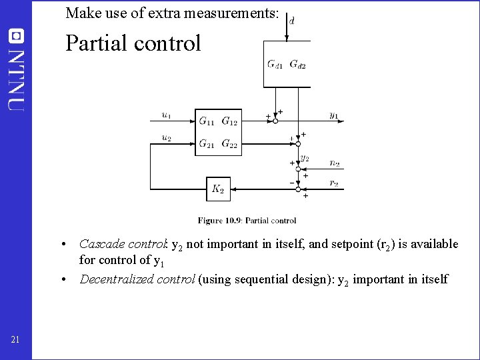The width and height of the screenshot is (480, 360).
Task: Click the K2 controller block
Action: [x=218, y=189]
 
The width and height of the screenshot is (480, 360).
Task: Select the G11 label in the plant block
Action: [x=207, y=121]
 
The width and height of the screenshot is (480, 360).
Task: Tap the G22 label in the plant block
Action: [x=229, y=143]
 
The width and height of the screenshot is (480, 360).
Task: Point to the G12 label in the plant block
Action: [x=229, y=121]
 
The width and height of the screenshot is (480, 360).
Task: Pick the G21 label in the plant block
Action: [x=207, y=143]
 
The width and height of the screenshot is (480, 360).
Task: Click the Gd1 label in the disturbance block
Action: [x=275, y=65]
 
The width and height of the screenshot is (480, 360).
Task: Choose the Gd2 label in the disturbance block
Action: [x=297, y=65]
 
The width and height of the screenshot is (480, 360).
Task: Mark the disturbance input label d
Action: [x=292, y=21]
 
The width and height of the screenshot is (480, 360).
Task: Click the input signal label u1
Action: [x=166, y=115]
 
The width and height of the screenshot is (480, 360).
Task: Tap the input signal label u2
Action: [x=166, y=137]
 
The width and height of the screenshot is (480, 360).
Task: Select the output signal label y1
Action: [x=333, y=115]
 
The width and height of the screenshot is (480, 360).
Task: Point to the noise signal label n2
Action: [x=334, y=163]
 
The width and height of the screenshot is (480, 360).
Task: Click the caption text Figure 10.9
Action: [x=220, y=221]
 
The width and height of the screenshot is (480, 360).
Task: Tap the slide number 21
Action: [x=15, y=341]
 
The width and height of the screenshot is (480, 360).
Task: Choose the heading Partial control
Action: [x=133, y=43]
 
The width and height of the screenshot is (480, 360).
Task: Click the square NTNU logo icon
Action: [x=15, y=35]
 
